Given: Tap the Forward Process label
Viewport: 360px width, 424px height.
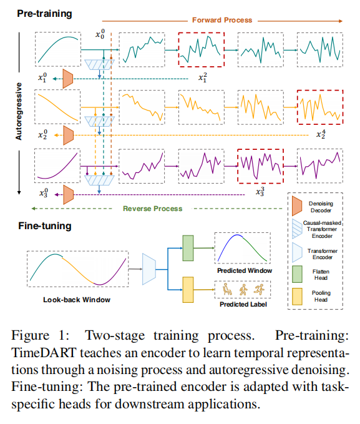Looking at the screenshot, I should coord(222,20).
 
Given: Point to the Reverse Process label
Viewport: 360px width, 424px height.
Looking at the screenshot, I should coord(153,208).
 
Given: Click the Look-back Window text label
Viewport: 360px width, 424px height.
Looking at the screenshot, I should coord(77,300).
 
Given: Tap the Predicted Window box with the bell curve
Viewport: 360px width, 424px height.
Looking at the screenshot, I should coord(242,250).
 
